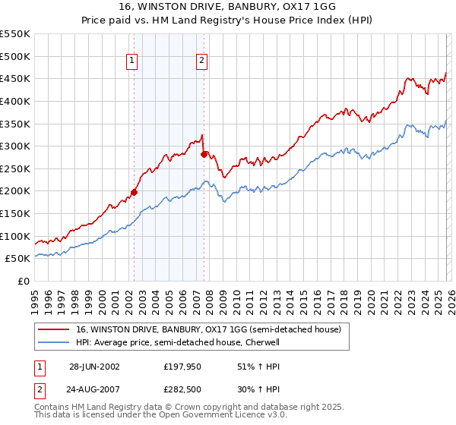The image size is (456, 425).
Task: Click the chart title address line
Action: coord(227,5)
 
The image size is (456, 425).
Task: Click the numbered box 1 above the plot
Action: coord(132,61)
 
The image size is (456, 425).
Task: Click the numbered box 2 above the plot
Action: coord(202,61)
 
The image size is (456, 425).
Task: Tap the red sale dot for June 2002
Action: coord(135,192)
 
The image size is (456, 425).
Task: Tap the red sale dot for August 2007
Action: coord(204,154)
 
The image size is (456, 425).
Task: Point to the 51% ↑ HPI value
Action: coord(249,367)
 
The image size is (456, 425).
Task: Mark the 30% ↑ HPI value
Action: coord(249,391)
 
